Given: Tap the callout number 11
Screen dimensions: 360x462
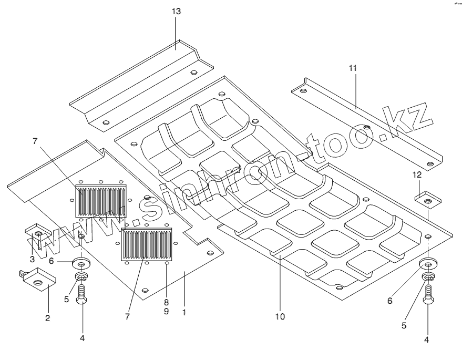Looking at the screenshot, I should coord(352,68).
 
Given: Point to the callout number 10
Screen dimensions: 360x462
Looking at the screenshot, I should coord(280,316).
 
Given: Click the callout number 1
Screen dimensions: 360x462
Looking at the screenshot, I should coord(184,312).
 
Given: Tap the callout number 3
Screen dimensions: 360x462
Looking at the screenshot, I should coord(32,259).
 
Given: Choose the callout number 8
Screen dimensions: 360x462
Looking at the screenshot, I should coord(167,302).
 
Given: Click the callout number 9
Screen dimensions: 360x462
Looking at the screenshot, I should coord(167,312).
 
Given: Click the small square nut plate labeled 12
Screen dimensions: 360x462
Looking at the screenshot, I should coord(428,200).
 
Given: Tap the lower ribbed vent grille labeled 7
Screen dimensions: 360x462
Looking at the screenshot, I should coord(147,243).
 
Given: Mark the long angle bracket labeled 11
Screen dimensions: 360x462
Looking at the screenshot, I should coord(368,122).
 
